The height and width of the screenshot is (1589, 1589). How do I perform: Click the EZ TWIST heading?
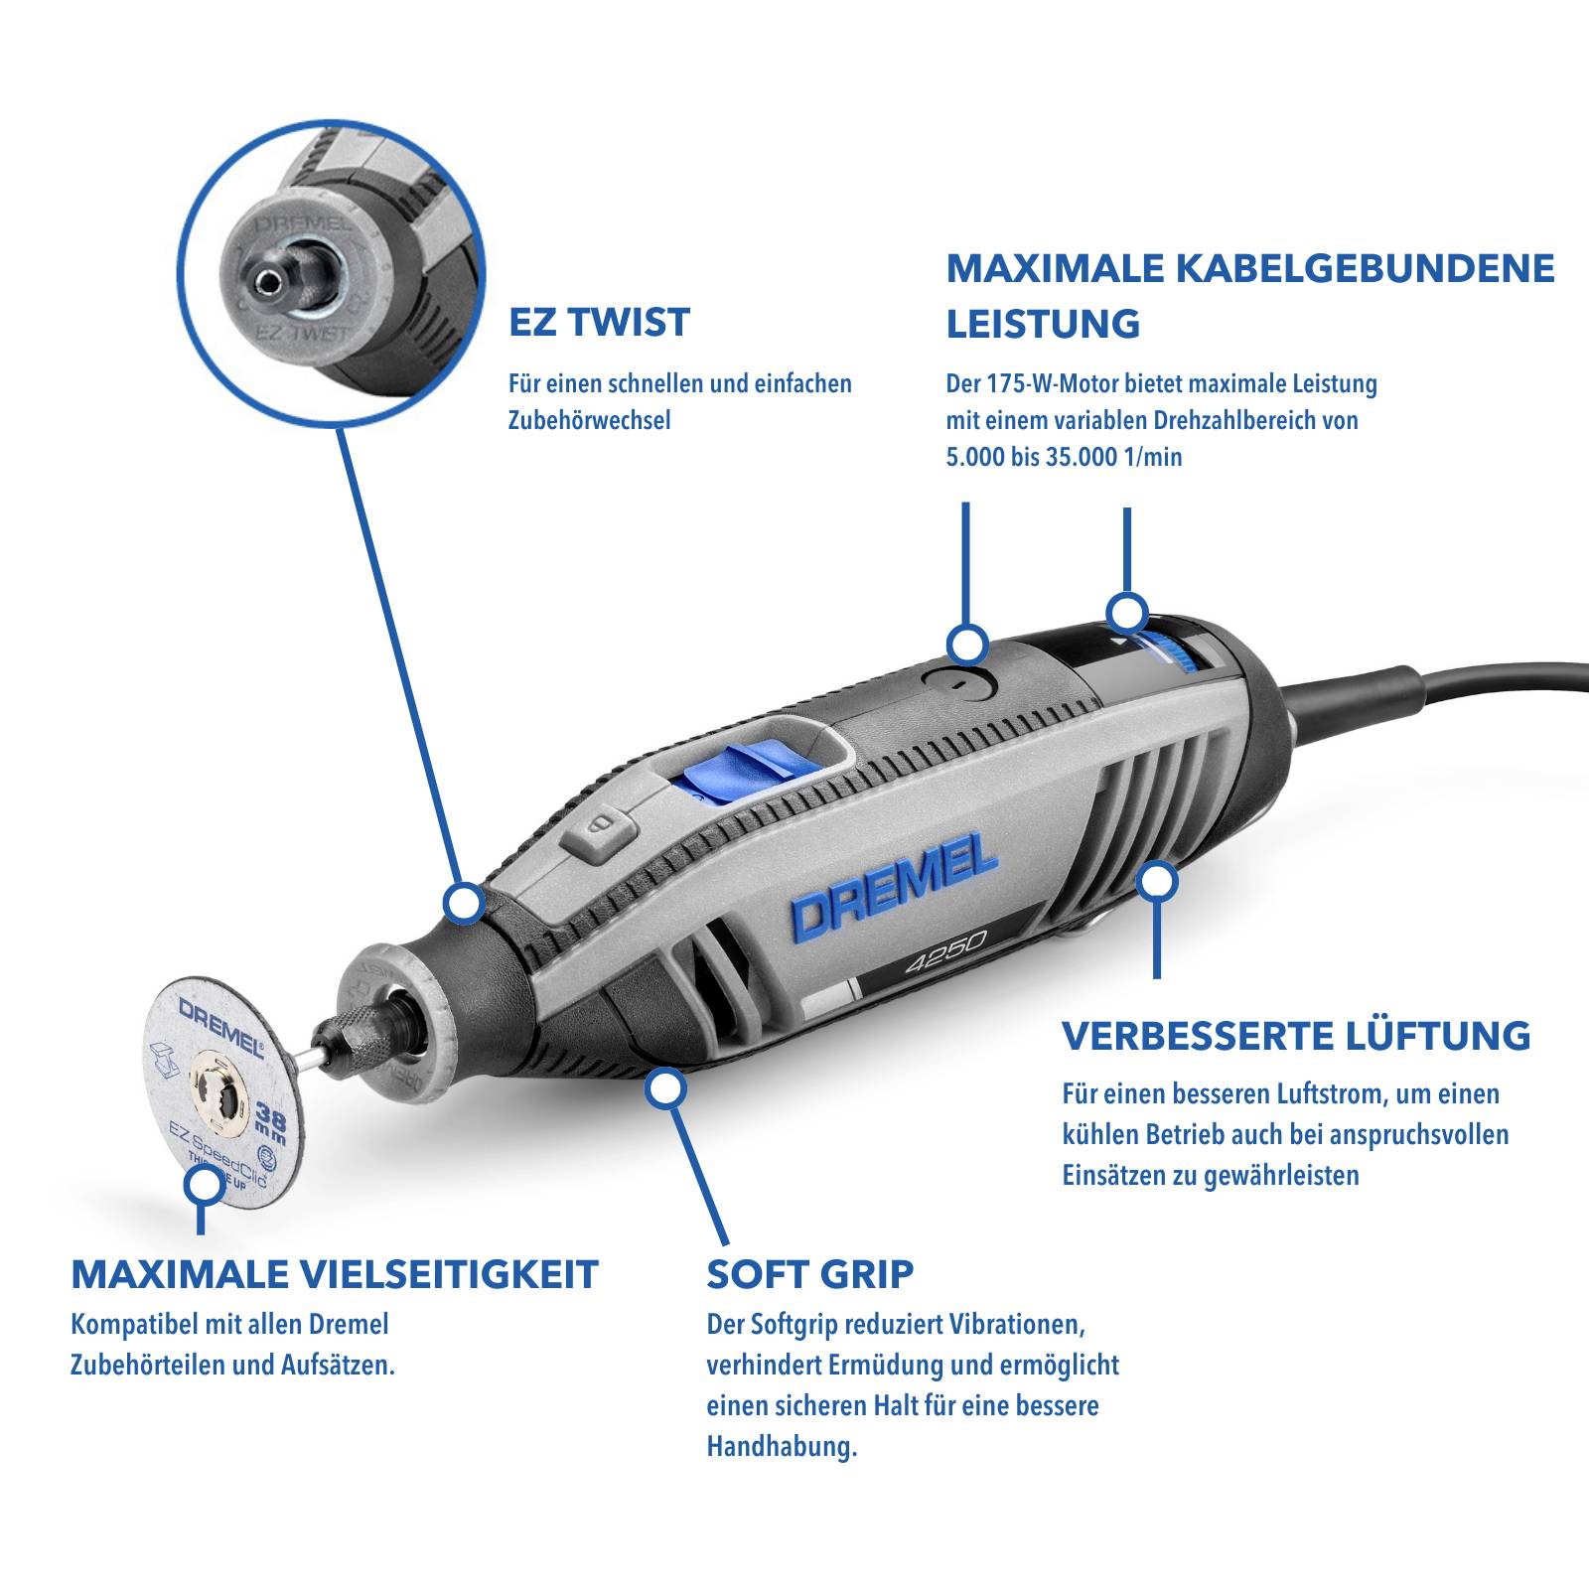(x=599, y=323)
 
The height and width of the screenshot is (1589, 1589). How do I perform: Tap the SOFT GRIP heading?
(x=809, y=1273)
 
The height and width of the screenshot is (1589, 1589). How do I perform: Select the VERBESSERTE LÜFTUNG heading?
(x=1296, y=1036)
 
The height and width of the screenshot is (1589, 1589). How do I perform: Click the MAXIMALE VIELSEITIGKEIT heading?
(x=335, y=1274)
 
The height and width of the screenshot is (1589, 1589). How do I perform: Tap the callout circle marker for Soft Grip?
(x=664, y=1087)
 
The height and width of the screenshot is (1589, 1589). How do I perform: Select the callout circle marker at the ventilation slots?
(x=1157, y=880)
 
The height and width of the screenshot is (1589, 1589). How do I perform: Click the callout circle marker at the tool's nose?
(x=463, y=903)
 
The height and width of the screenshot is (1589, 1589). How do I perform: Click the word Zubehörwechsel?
(x=589, y=420)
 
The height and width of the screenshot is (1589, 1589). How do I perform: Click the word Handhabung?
(x=781, y=1446)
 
